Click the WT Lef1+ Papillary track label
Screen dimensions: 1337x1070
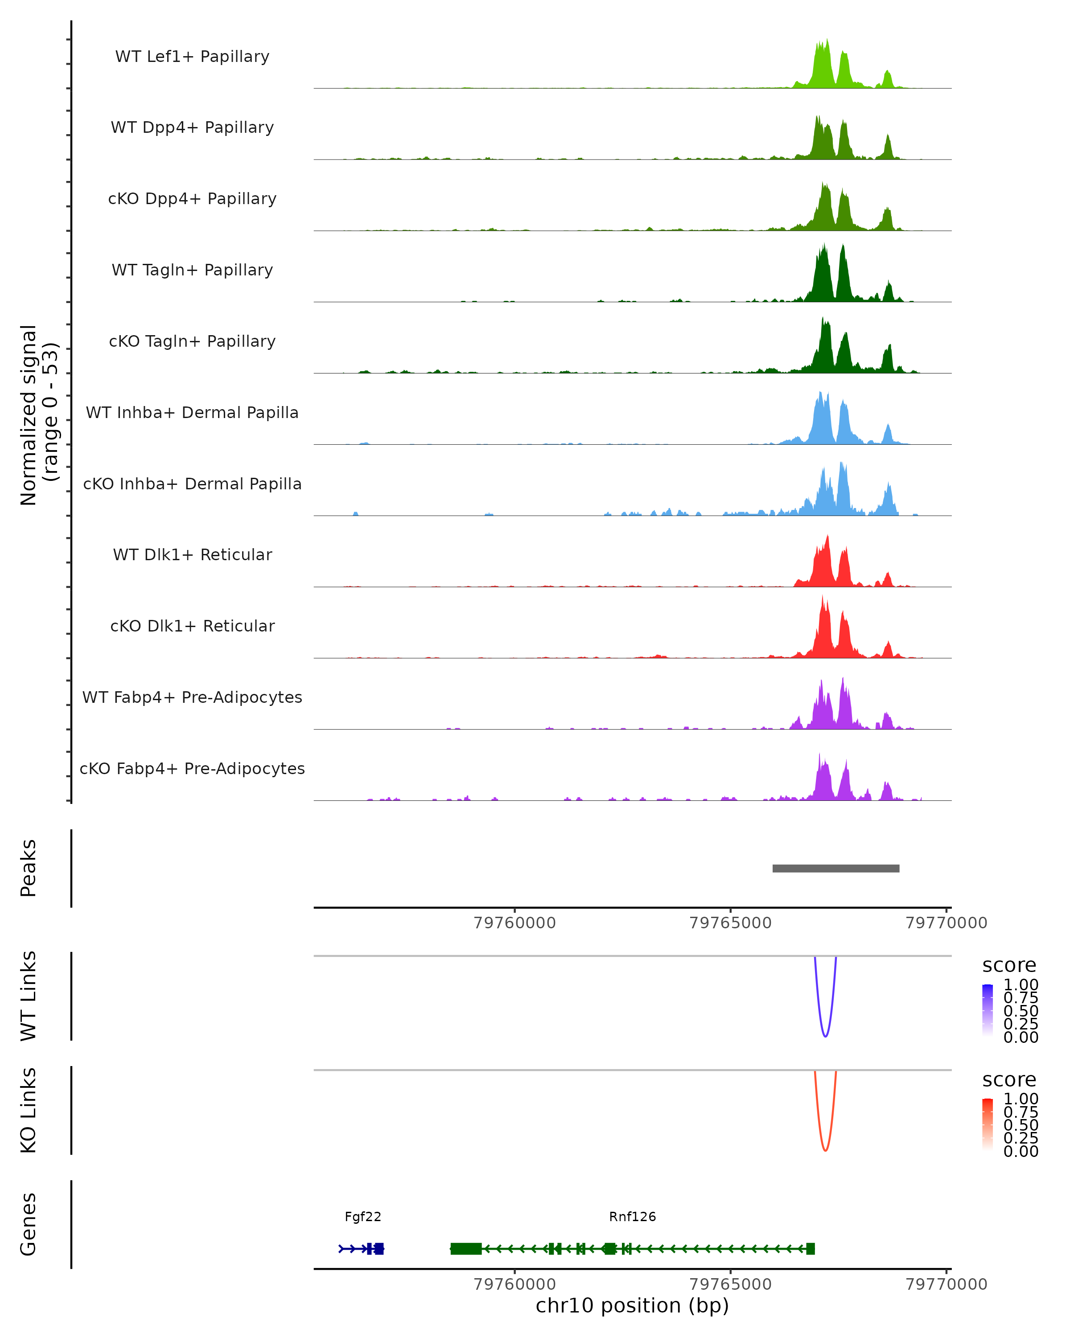pyautogui.click(x=192, y=57)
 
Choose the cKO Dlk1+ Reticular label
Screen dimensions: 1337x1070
pyautogui.click(x=192, y=626)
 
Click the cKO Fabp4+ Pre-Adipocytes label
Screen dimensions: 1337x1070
pyautogui.click(x=192, y=768)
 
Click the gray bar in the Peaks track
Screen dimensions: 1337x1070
pyautogui.click(x=835, y=868)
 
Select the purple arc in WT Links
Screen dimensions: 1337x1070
pyautogui.click(x=825, y=1034)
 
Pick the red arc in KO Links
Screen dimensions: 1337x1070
pyautogui.click(x=825, y=1148)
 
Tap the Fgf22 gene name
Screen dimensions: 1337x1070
pyautogui.click(x=363, y=1216)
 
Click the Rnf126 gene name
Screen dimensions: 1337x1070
pyautogui.click(x=632, y=1216)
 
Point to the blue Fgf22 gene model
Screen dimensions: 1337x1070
pyautogui.click(x=362, y=1248)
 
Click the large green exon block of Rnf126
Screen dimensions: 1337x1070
pyautogui.click(x=466, y=1248)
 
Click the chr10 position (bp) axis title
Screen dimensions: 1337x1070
pyautogui.click(x=632, y=1305)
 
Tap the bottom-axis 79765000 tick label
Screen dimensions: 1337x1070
pyautogui.click(x=730, y=1284)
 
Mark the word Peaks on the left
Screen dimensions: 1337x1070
pyautogui.click(x=28, y=868)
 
